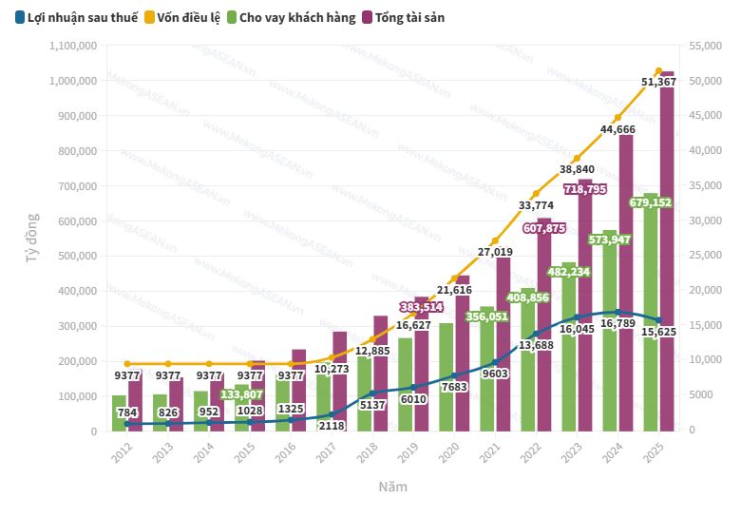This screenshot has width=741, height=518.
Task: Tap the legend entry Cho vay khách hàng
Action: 290,17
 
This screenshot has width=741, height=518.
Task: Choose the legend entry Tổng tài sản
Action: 403,17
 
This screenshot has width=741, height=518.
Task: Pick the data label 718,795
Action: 585,189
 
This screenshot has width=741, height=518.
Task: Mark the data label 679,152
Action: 651,202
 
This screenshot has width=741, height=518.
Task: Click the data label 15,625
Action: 659,332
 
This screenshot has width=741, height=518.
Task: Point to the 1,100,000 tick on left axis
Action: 72,46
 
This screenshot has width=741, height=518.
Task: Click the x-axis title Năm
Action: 393,487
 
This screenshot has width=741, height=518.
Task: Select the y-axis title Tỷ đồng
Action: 32,239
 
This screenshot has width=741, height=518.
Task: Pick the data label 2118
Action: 332,426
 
